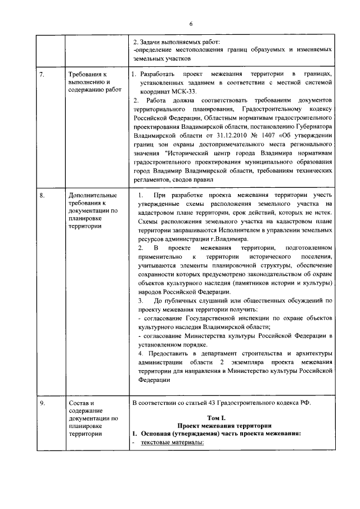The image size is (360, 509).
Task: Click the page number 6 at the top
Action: (x=191, y=23)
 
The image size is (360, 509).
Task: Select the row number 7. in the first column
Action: (x=43, y=74)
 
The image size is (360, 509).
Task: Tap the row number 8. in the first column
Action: (x=43, y=194)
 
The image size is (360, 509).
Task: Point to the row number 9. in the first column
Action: (x=43, y=403)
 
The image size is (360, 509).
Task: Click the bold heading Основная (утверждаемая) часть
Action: (x=214, y=433)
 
